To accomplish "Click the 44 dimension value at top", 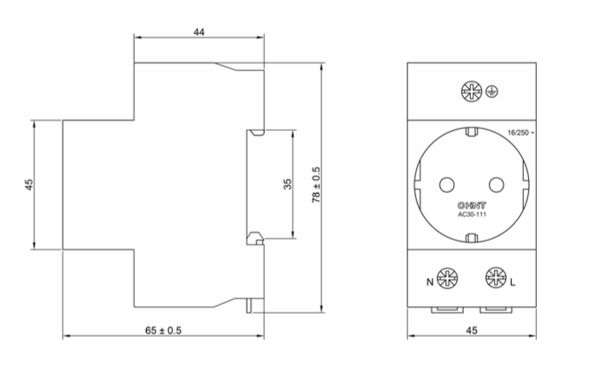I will [199, 32].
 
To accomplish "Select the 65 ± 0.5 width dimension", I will [164, 328].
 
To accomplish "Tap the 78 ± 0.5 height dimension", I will [316, 185].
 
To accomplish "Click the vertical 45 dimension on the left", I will [28, 185].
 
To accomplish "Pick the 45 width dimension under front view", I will [472, 328].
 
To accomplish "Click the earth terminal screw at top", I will [470, 91].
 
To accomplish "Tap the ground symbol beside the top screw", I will [491, 91].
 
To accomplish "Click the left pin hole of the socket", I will [446, 184].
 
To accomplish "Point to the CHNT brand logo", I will [471, 206].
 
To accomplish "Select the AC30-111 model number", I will [471, 215].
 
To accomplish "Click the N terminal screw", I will [446, 278].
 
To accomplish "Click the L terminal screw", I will [495, 278].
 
